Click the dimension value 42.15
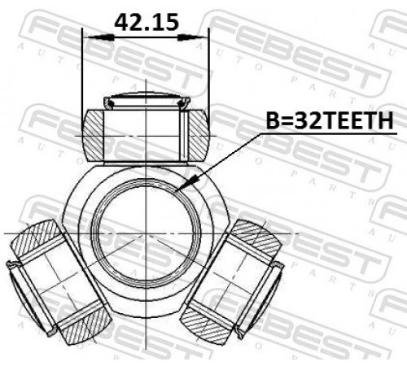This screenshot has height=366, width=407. (x=147, y=22)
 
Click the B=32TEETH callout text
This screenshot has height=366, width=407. (x=330, y=121)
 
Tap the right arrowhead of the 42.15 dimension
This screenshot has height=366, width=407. (x=193, y=37)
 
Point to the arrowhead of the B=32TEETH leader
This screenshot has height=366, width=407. (x=187, y=183)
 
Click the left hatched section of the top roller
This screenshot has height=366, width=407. (x=93, y=135)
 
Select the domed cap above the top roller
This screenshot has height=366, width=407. (x=147, y=101)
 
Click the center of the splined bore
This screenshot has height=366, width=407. (x=147, y=233)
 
